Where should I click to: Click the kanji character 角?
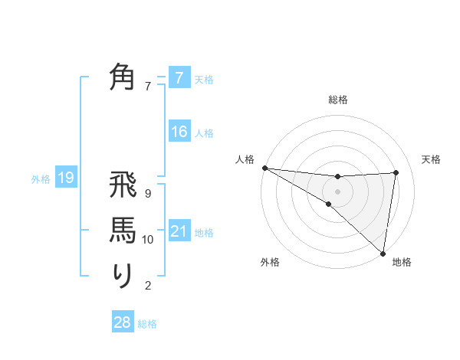click(x=123, y=78)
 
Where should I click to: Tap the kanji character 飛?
click(x=123, y=188)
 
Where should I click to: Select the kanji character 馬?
click(x=123, y=231)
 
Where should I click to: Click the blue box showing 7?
click(x=179, y=78)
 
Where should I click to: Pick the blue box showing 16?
click(x=179, y=132)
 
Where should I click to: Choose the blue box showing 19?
click(x=66, y=178)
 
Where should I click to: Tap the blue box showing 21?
click(x=179, y=231)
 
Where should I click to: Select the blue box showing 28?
click(x=123, y=322)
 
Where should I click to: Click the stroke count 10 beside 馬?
click(x=148, y=240)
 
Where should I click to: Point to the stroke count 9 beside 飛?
click(x=148, y=194)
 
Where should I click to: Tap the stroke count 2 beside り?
click(x=148, y=286)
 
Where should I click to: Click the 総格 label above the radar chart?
click(x=338, y=100)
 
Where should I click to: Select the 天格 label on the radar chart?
click(x=432, y=159)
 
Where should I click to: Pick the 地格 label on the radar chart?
click(x=402, y=263)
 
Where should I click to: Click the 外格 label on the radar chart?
click(x=270, y=263)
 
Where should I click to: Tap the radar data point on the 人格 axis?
click(x=264, y=168)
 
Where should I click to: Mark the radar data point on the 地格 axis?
click(x=383, y=252)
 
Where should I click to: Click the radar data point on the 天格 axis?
click(x=396, y=172)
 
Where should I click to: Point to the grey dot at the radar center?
click(x=338, y=191)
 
